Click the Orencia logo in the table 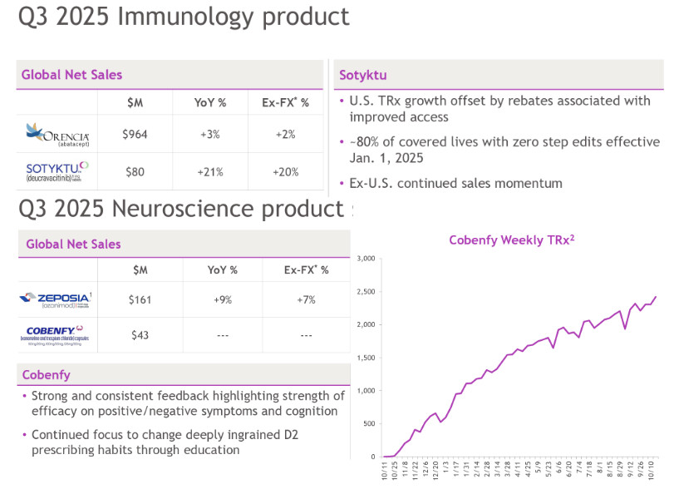[57, 133]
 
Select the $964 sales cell [135, 134]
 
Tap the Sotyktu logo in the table [57, 171]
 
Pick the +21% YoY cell [210, 172]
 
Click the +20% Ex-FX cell [285, 172]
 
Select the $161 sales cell [140, 299]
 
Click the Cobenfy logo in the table [57, 334]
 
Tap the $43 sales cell [140, 335]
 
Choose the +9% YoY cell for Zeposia [222, 299]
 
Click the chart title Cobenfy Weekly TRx [512, 240]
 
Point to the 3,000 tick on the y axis [366, 259]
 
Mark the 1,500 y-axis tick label [366, 358]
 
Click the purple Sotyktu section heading [362, 76]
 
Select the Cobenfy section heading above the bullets [46, 375]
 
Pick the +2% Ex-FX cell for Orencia [285, 134]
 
